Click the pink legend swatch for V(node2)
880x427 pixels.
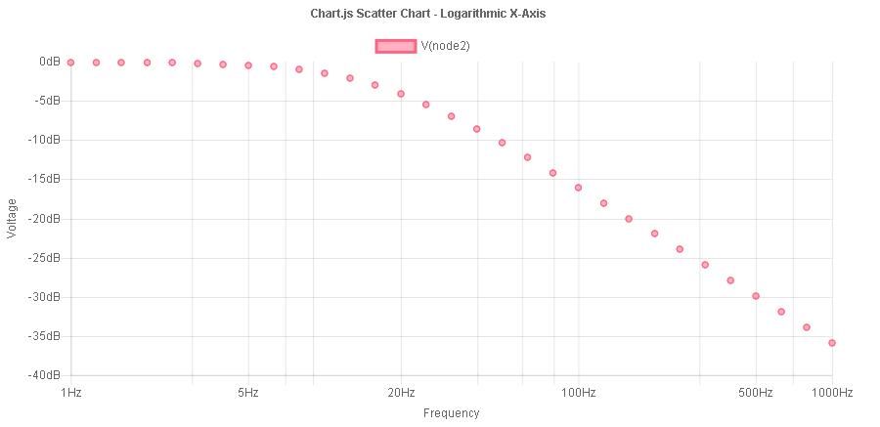tap(396, 46)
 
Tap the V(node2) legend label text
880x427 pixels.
tap(447, 46)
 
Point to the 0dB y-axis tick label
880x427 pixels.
tap(50, 62)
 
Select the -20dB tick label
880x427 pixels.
tap(47, 219)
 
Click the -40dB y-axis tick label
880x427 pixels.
tap(47, 375)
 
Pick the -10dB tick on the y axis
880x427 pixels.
tap(47, 140)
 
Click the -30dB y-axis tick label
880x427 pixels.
tap(47, 297)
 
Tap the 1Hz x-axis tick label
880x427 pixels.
tap(70, 393)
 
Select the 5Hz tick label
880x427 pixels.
tap(248, 393)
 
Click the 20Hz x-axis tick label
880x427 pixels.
tap(401, 393)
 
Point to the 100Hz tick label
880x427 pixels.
tap(579, 393)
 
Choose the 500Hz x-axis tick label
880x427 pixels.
tap(756, 393)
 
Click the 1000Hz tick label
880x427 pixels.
tap(832, 393)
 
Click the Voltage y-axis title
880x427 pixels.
tap(13, 218)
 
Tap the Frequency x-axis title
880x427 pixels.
tap(451, 413)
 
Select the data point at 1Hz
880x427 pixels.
tap(70, 63)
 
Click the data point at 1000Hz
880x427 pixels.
tap(832, 343)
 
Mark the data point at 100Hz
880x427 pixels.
tap(579, 188)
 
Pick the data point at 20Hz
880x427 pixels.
tap(401, 94)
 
